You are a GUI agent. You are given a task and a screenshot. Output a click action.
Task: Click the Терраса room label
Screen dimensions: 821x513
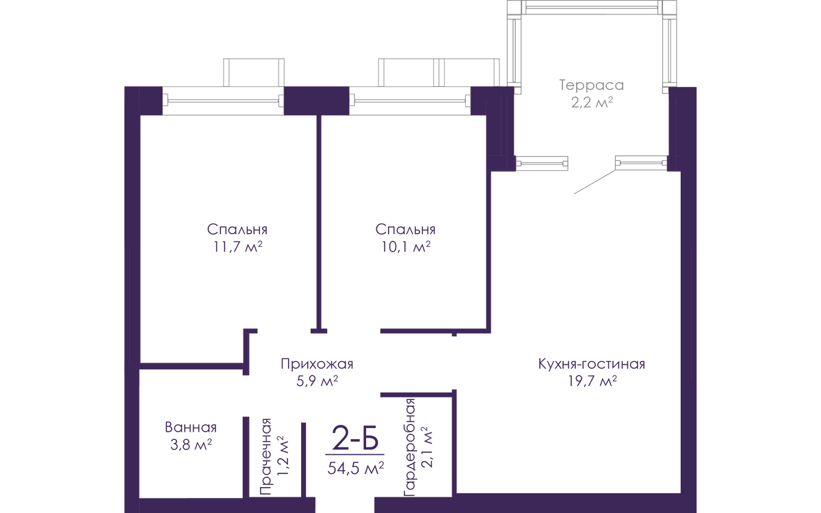pyautogui.click(x=591, y=85)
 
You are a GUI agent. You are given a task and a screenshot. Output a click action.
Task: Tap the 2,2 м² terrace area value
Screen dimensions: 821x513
pyautogui.click(x=592, y=102)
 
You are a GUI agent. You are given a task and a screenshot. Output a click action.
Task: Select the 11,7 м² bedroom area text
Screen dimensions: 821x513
pyautogui.click(x=237, y=247)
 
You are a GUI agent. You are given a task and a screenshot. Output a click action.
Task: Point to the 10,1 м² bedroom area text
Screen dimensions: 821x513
pyautogui.click(x=405, y=247)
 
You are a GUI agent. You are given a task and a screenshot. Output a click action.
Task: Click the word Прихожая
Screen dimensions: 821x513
pyautogui.click(x=317, y=364)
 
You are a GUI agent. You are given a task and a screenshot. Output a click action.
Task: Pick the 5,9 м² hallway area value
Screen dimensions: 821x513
pyautogui.click(x=317, y=381)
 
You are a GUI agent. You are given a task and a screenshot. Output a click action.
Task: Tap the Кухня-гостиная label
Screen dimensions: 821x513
pyautogui.click(x=592, y=364)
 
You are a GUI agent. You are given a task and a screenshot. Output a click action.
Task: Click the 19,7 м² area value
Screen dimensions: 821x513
pyautogui.click(x=592, y=381)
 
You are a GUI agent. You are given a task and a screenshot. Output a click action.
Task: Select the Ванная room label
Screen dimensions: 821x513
pyautogui.click(x=191, y=428)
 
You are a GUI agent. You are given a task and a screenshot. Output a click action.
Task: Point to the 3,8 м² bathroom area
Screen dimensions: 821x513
pyautogui.click(x=191, y=445)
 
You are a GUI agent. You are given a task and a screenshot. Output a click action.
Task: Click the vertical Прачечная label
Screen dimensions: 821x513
pyautogui.click(x=265, y=457)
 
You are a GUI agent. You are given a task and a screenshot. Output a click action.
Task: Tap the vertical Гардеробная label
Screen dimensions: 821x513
pyautogui.click(x=409, y=448)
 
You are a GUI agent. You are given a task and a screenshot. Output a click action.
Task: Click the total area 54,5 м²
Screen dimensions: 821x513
pyautogui.click(x=356, y=468)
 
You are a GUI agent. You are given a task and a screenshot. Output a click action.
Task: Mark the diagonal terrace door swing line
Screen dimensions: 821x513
pyautogui.click(x=595, y=182)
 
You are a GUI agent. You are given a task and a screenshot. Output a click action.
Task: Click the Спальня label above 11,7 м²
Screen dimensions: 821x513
pyautogui.click(x=237, y=230)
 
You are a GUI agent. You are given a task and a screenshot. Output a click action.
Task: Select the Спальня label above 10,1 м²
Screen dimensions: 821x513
pyautogui.click(x=405, y=230)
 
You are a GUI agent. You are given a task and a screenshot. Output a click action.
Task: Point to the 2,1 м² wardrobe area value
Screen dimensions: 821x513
pyautogui.click(x=427, y=447)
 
